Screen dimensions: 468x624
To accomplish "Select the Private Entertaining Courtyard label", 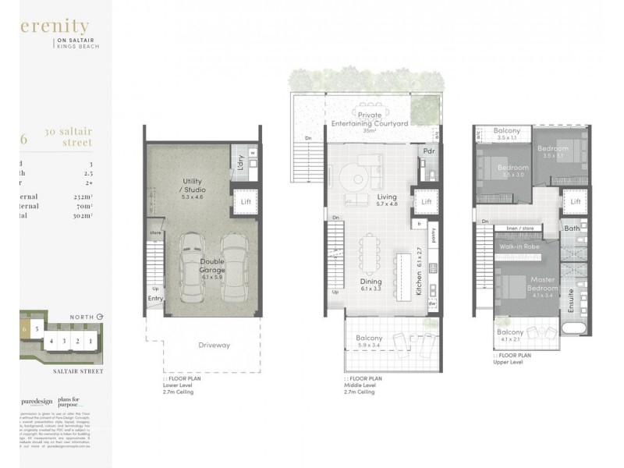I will point(369,119).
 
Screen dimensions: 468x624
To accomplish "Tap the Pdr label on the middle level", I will point(428,151).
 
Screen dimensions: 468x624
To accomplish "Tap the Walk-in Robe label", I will point(521,245).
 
